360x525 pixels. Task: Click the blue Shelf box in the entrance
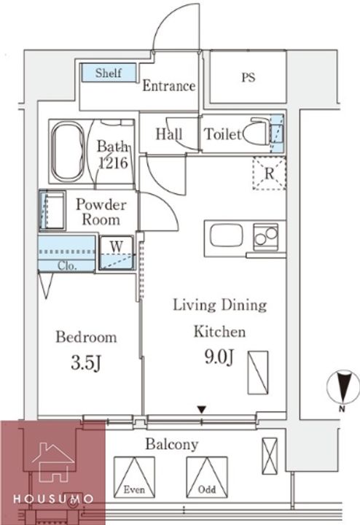[109, 73]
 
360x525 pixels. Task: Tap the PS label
[249, 77]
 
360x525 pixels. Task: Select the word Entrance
[169, 86]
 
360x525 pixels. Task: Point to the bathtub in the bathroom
[67, 151]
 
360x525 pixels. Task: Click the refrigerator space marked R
[270, 174]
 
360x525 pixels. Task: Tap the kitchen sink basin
[227, 236]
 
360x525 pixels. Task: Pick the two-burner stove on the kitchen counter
[266, 237]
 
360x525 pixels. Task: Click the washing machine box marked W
[117, 253]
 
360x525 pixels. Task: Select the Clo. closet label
[67, 266]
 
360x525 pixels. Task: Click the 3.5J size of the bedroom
[86, 363]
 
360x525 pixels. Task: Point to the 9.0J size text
[219, 357]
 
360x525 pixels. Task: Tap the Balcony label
[172, 445]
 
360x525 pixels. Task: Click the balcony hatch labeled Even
[134, 477]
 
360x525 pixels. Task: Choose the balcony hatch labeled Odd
[207, 477]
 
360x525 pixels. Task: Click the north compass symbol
[343, 387]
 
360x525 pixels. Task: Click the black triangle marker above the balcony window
[201, 410]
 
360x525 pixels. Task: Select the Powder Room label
[101, 212]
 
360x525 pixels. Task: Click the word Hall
[169, 134]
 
